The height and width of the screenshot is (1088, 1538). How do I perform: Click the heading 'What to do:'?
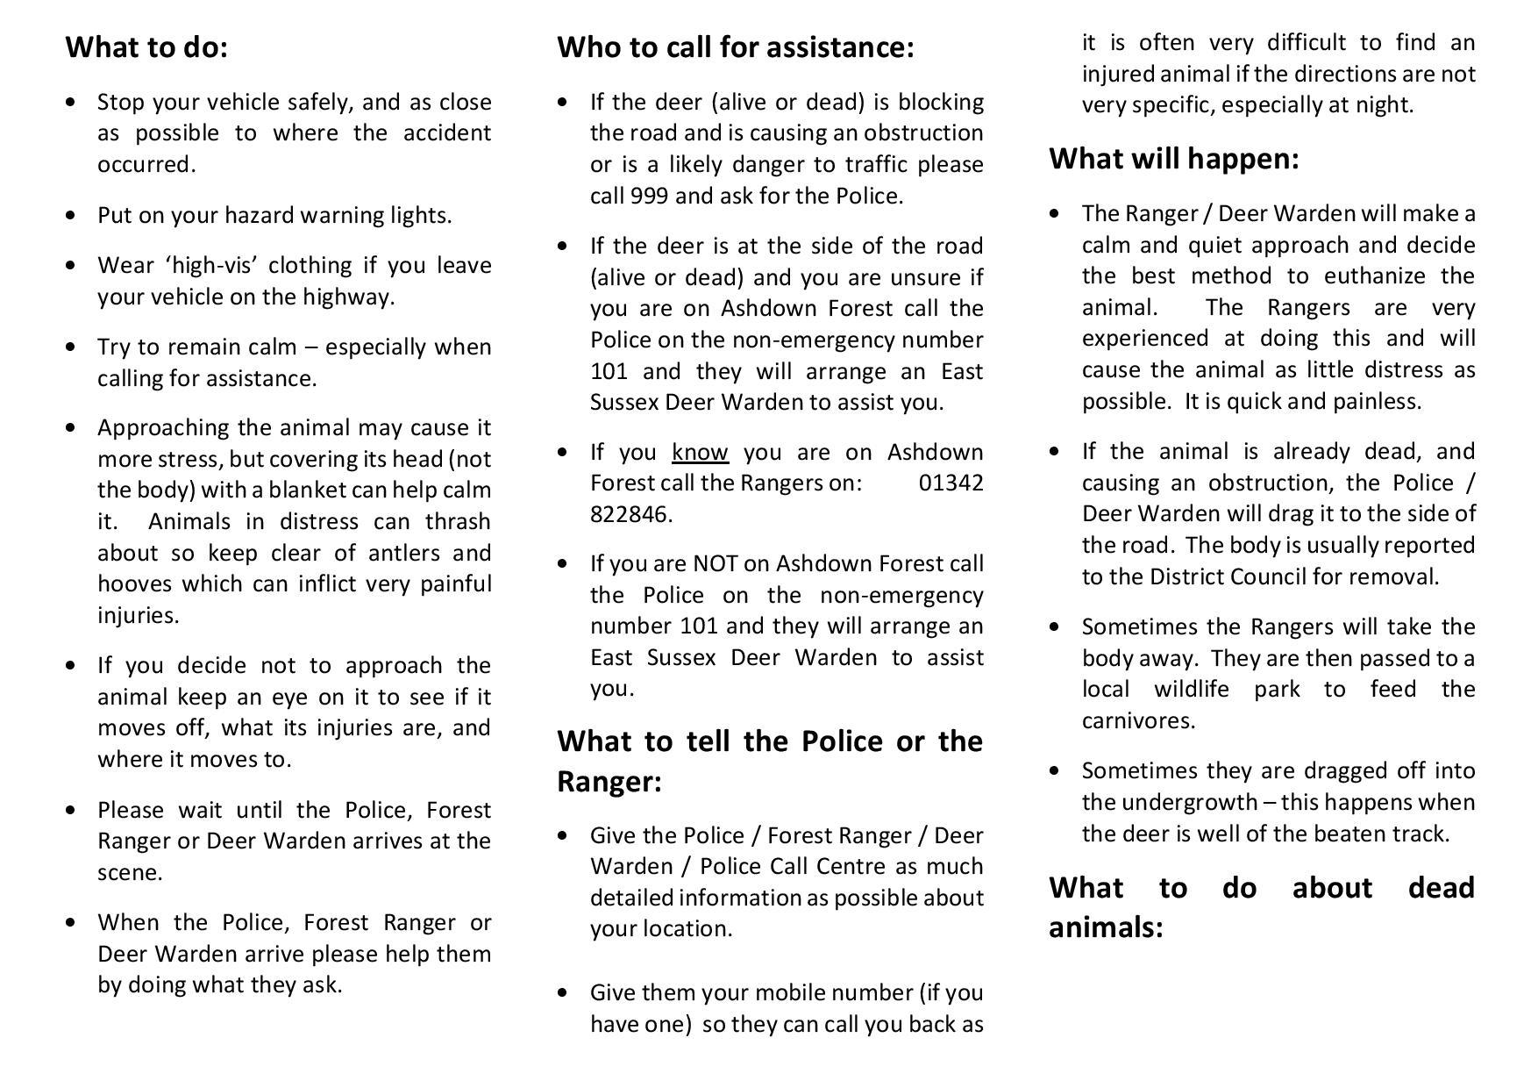[x=146, y=47]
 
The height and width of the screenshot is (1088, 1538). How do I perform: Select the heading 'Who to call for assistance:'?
[x=735, y=47]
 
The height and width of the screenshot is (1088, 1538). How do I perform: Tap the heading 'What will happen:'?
[x=1173, y=159]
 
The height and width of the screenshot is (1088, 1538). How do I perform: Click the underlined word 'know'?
[x=700, y=452]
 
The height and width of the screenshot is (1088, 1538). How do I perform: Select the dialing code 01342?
[x=951, y=483]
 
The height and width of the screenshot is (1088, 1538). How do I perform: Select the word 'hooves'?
[x=131, y=584]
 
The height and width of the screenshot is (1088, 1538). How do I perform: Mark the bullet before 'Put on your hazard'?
[x=71, y=216]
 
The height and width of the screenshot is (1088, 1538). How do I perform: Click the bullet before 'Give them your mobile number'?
[x=563, y=992]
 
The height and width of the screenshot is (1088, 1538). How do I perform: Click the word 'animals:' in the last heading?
[x=1105, y=927]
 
